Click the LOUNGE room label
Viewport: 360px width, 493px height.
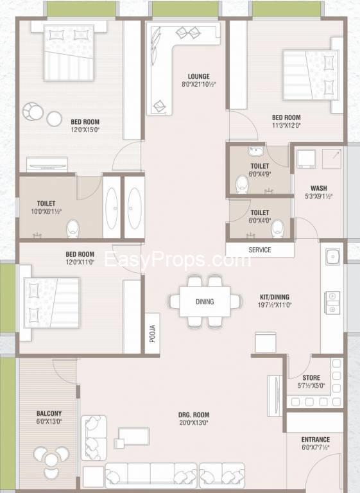coord(199,76)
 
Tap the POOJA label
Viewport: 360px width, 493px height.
coord(153,333)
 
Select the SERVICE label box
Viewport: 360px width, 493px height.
coord(260,250)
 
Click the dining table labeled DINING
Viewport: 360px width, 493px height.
coord(205,302)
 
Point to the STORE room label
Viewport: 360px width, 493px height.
coord(311,377)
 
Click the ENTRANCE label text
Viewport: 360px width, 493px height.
coord(315,440)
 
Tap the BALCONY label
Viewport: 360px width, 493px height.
coord(49,413)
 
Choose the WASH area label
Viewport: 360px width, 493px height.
coord(318,188)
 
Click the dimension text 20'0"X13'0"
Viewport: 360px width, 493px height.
coord(194,423)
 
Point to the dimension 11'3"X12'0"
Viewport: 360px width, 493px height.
coord(286,125)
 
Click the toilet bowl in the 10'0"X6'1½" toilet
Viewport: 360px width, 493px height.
coord(73,228)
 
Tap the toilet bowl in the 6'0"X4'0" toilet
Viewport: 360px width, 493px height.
coord(278,229)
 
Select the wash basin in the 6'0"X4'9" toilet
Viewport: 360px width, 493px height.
coord(255,151)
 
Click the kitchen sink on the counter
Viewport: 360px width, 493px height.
coord(332,257)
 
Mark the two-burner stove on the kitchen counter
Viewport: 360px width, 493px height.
coord(332,302)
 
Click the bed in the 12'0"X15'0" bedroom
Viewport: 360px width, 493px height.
coord(69,53)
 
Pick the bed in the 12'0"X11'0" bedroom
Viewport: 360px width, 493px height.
coord(52,302)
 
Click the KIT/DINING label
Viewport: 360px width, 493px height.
coord(275,297)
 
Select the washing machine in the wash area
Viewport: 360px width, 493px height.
coord(306,159)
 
